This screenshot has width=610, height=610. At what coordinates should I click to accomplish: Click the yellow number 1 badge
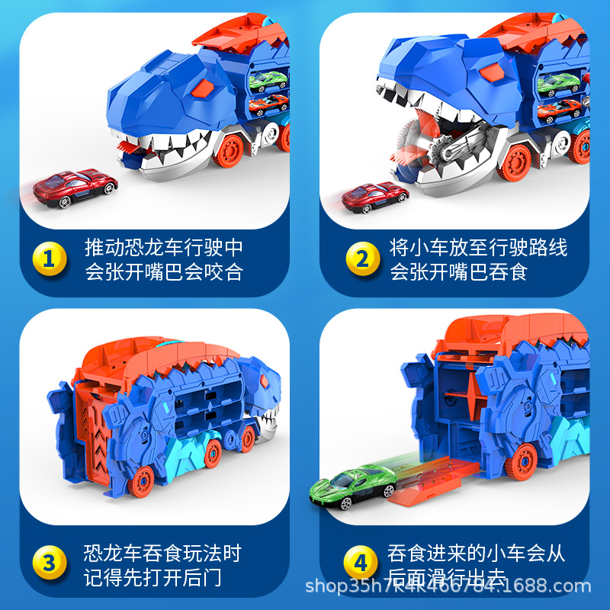(x=49, y=260)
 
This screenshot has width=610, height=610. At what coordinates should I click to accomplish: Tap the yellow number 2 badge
(x=358, y=260)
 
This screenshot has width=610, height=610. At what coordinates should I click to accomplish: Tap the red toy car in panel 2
(x=375, y=197)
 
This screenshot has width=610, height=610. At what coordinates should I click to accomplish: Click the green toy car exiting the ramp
(x=352, y=485)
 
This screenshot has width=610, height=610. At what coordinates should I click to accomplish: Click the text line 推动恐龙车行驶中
(x=163, y=248)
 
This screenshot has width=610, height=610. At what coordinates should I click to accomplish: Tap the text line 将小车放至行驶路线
(x=479, y=248)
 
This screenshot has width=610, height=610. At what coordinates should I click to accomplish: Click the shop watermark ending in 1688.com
(x=448, y=586)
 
